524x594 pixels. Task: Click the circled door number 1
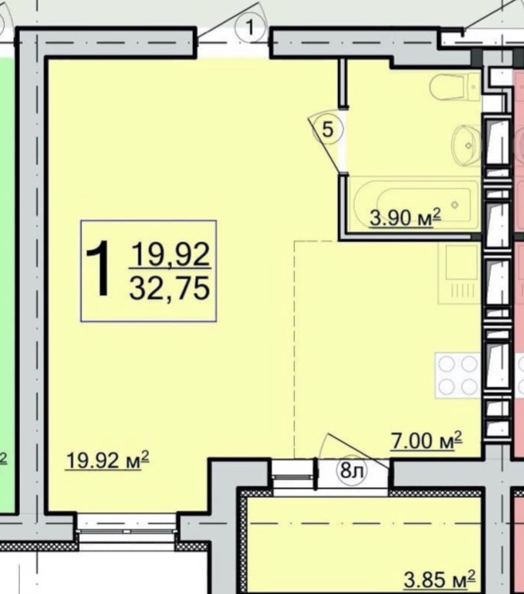(x=250, y=28)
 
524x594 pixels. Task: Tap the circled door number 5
(x=328, y=130)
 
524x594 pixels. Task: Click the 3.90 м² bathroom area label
(x=405, y=218)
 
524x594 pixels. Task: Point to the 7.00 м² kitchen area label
(x=426, y=440)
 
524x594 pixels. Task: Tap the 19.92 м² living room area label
(x=108, y=460)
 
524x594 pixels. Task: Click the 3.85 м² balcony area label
(x=439, y=579)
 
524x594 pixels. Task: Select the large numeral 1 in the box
(x=99, y=269)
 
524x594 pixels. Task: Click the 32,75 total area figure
(x=169, y=287)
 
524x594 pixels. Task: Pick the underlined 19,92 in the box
(x=170, y=254)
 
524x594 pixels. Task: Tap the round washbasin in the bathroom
(x=466, y=145)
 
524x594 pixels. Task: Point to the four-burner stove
(x=458, y=375)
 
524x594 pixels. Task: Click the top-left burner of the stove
(x=447, y=364)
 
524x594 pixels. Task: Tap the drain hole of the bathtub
(x=455, y=205)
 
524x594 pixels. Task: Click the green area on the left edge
(x=7, y=284)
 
